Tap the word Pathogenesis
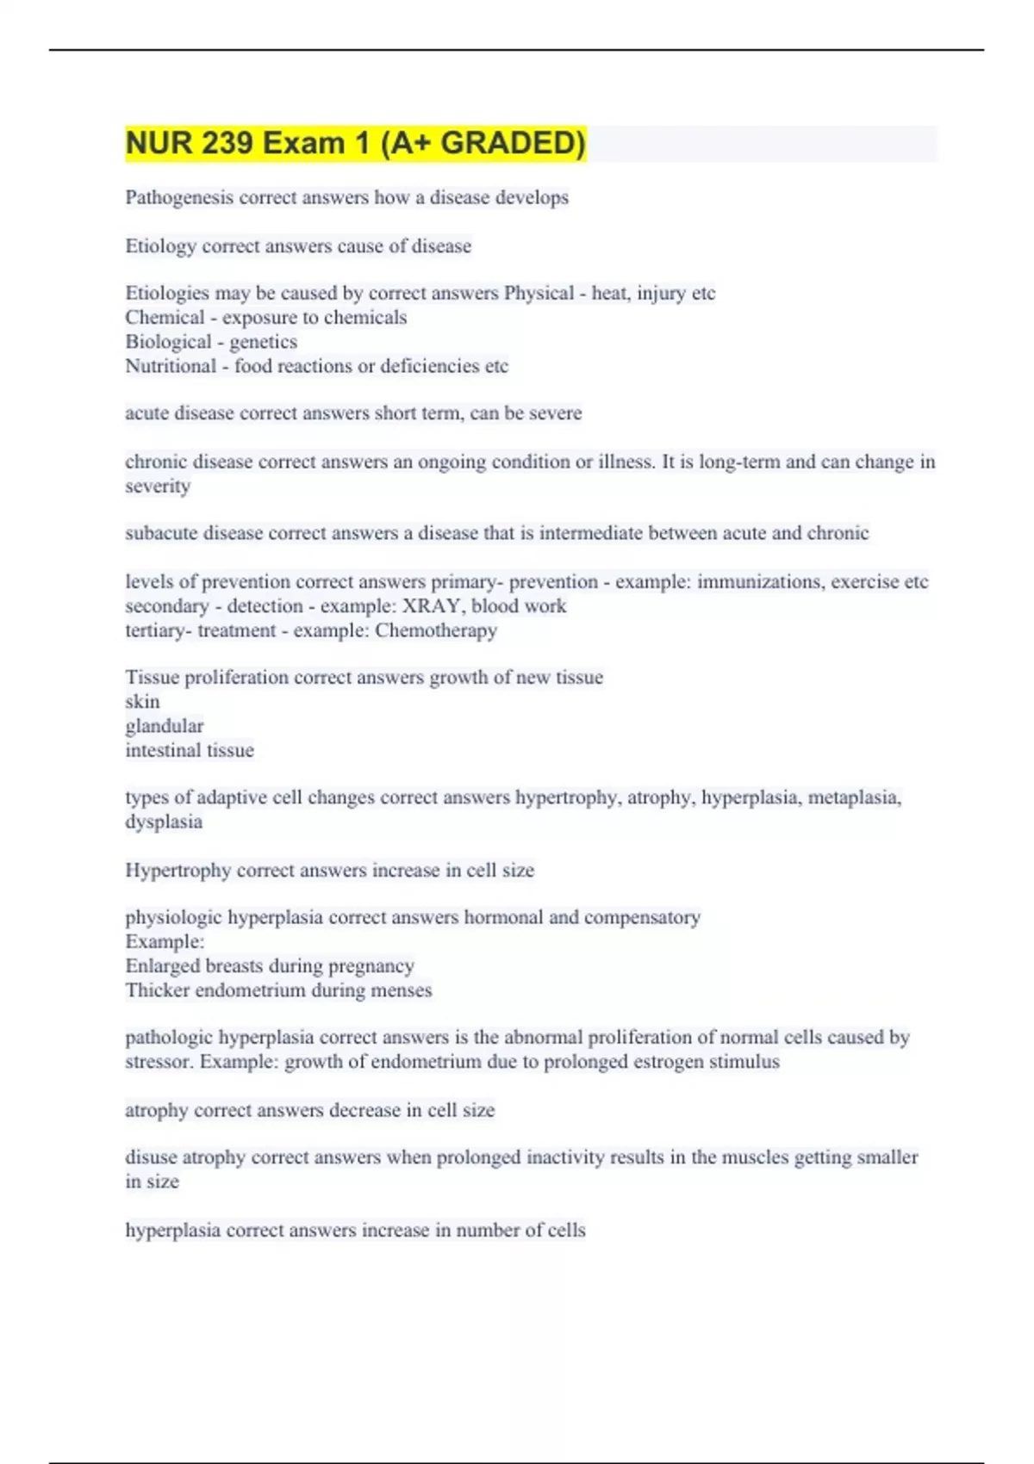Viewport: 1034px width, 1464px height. pos(179,198)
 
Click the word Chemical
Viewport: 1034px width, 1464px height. pos(165,318)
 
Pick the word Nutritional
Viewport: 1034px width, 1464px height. pos(171,366)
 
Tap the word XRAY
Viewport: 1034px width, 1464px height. pos(432,606)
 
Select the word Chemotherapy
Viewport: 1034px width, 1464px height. pos(436,630)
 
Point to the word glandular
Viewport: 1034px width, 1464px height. pos(165,726)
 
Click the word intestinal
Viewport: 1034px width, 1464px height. pos(161,750)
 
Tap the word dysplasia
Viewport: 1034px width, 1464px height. pos(164,822)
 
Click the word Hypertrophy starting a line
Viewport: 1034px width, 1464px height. pos(178,871)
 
